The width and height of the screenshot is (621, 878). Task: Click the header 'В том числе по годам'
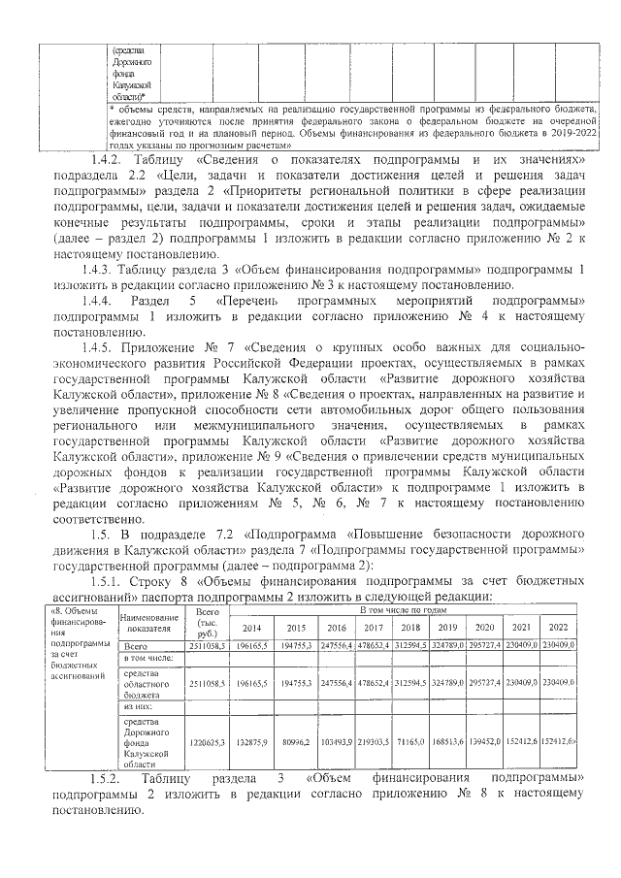coord(404,611)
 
